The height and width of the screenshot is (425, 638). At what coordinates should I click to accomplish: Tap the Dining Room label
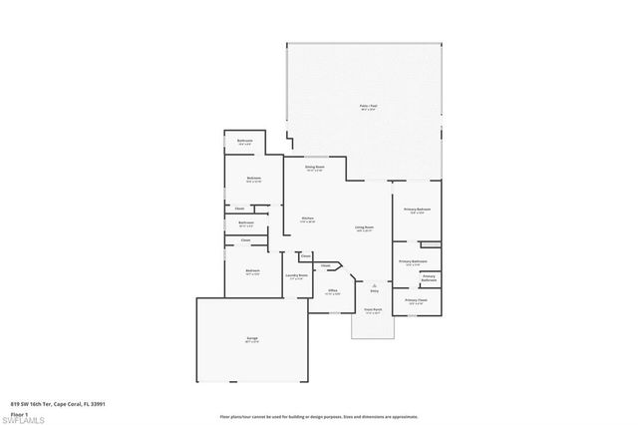tap(315, 168)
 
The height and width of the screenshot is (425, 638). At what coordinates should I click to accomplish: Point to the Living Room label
tap(364, 227)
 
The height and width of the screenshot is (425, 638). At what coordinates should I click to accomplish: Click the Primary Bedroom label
tap(415, 210)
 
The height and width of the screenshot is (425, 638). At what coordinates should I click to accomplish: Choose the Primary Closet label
tap(416, 299)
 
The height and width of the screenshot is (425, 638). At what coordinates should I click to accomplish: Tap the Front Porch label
tap(373, 311)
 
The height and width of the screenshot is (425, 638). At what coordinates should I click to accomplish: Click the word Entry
tap(374, 290)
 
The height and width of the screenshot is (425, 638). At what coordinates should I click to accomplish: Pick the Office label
tap(333, 291)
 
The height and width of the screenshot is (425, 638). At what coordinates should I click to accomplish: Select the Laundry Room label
tap(295, 276)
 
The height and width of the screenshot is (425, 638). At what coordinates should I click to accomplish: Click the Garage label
tap(252, 339)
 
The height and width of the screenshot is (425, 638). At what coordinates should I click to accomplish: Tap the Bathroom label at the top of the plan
tap(245, 142)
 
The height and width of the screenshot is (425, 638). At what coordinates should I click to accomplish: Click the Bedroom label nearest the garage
tap(253, 270)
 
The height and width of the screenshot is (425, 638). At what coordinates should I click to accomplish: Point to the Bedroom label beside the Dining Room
tap(253, 180)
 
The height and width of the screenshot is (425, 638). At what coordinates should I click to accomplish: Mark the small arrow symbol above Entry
tap(374, 282)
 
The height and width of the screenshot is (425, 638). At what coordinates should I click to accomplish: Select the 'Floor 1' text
tap(19, 412)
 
